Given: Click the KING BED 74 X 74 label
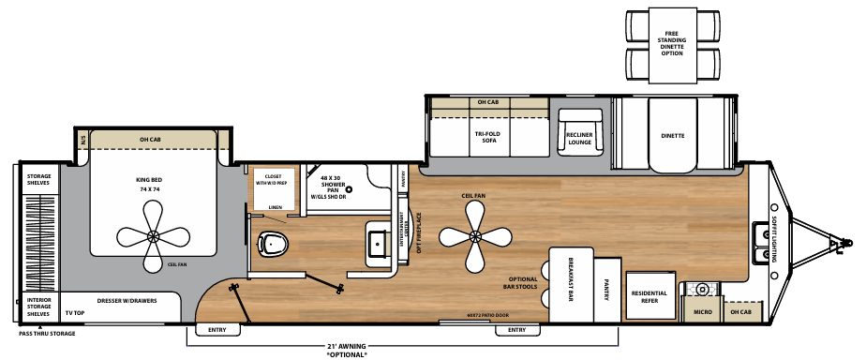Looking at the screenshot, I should click(x=149, y=184).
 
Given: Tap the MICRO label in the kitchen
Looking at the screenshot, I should click(x=703, y=311).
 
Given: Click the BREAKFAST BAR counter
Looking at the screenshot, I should click(x=571, y=280).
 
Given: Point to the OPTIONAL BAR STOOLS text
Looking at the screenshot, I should click(x=523, y=284).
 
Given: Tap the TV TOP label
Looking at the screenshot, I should click(x=74, y=311).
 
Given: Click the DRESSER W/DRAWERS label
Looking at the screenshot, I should click(x=127, y=301).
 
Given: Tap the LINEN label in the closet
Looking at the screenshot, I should click(x=274, y=208).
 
